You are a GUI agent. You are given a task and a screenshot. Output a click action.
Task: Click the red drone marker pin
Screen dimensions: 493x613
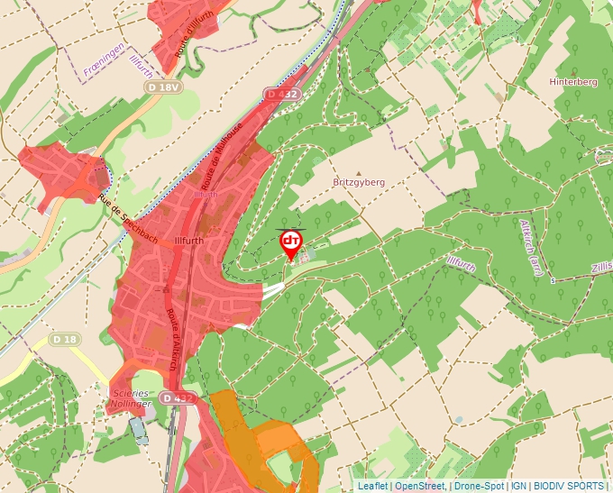point(291,243)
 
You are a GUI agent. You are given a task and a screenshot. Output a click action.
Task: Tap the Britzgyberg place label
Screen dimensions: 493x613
point(358,182)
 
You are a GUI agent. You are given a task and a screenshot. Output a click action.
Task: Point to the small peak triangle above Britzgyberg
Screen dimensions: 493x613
point(359,172)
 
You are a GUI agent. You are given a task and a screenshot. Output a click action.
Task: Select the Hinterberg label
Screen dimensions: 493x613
point(573,82)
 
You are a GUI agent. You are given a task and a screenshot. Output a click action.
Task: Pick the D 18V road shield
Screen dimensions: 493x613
point(163,87)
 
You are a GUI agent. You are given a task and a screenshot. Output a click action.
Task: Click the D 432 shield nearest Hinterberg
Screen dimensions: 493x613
point(282,94)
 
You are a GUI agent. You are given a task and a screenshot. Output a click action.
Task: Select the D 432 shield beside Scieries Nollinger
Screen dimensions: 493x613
point(178,397)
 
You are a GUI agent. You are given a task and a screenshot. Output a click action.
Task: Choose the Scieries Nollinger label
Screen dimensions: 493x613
point(130,398)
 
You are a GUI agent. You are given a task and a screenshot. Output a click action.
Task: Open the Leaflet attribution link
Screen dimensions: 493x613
point(372,486)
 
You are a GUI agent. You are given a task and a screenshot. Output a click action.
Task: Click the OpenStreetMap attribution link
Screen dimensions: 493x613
point(419,486)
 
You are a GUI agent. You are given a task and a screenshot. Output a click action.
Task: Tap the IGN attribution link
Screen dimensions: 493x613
point(518,486)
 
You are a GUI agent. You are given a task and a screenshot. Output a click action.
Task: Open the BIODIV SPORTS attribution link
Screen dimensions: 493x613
point(567,486)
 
